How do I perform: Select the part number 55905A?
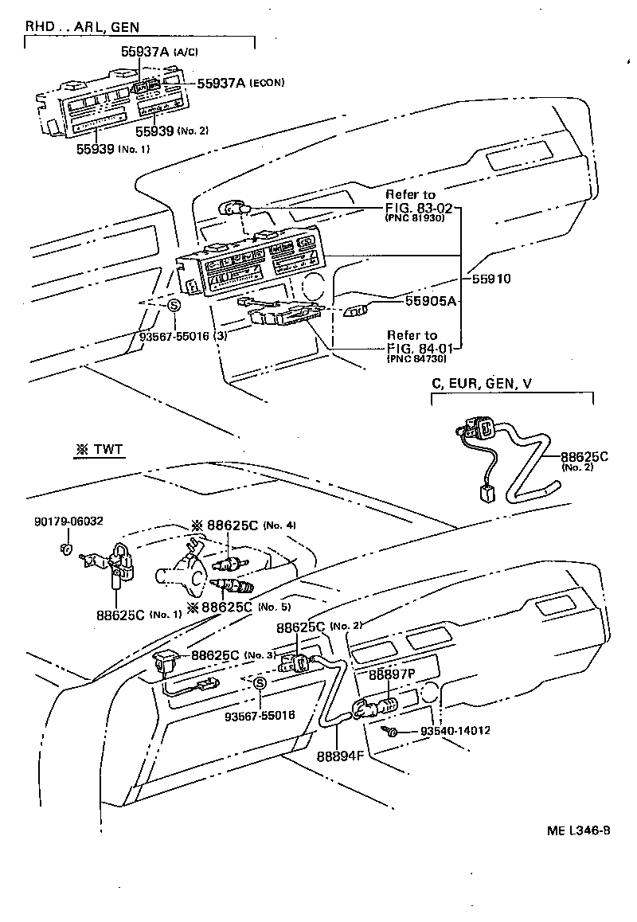click(430, 301)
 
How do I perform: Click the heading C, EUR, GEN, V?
click(482, 384)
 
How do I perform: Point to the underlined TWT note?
click(100, 450)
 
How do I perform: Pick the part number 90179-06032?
click(68, 522)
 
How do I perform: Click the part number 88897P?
click(391, 674)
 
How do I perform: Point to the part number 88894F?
click(338, 756)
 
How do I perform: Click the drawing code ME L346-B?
click(578, 830)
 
